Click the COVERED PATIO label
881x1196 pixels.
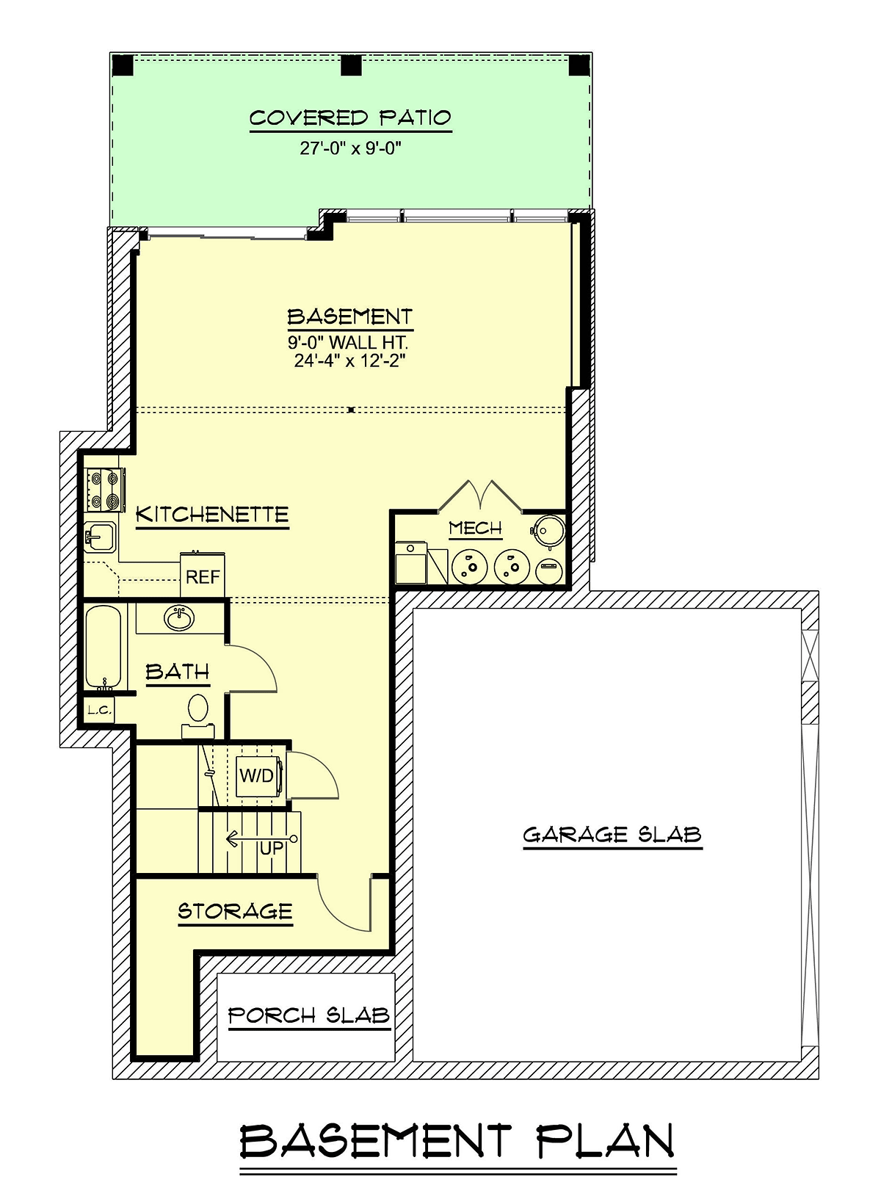coord(350,118)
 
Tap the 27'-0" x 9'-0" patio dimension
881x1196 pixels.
coord(350,148)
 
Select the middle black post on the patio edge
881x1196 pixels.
coord(351,65)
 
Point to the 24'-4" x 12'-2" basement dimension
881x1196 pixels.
coord(349,361)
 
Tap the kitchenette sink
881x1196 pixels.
coord(100,535)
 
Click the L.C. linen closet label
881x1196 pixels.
coord(99,710)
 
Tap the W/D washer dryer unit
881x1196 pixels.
coord(258,776)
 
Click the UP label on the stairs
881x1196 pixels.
coord(272,848)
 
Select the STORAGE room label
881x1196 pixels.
coord(235,911)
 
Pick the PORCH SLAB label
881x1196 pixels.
coord(309,1015)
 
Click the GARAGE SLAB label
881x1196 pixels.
coord(612,835)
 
